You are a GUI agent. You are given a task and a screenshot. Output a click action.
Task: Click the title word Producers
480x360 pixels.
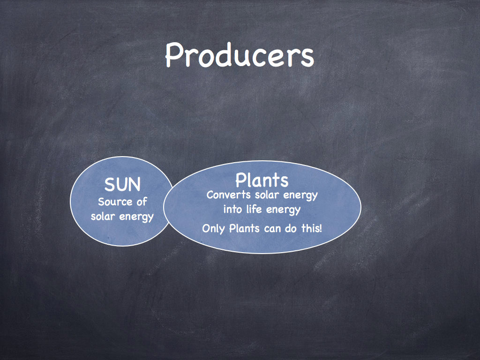pyautogui.click(x=240, y=55)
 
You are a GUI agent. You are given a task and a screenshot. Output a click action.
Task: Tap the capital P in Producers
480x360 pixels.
pyautogui.click(x=174, y=55)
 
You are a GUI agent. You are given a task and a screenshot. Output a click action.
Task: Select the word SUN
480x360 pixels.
pyautogui.click(x=122, y=185)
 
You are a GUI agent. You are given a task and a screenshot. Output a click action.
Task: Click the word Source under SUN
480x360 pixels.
pyautogui.click(x=115, y=202)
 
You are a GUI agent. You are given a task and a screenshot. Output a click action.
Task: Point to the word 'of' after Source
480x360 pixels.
pyautogui.click(x=142, y=202)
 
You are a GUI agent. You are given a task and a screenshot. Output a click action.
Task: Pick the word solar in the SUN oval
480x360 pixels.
pyautogui.click(x=103, y=216)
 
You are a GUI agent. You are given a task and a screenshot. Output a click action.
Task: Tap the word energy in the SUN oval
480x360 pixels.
pyautogui.click(x=136, y=217)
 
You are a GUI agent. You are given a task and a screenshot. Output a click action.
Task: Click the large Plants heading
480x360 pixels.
pyautogui.click(x=262, y=180)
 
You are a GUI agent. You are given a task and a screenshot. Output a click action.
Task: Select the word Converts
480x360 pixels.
pyautogui.click(x=228, y=195)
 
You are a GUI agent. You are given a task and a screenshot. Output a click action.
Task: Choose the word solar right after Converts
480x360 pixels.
pyautogui.click(x=267, y=195)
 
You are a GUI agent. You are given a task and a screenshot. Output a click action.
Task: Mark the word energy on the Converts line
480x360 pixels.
pyautogui.click(x=300, y=196)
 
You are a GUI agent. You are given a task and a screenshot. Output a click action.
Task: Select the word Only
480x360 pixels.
pyautogui.click(x=214, y=229)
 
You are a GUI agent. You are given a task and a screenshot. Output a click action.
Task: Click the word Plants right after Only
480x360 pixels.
pyautogui.click(x=244, y=228)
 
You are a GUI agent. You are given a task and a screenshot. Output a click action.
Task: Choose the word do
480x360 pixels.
pyautogui.click(x=291, y=228)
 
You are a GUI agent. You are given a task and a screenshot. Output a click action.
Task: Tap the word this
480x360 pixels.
pyautogui.click(x=310, y=228)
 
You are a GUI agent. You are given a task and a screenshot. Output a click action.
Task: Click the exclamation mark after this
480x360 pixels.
pyautogui.click(x=320, y=228)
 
